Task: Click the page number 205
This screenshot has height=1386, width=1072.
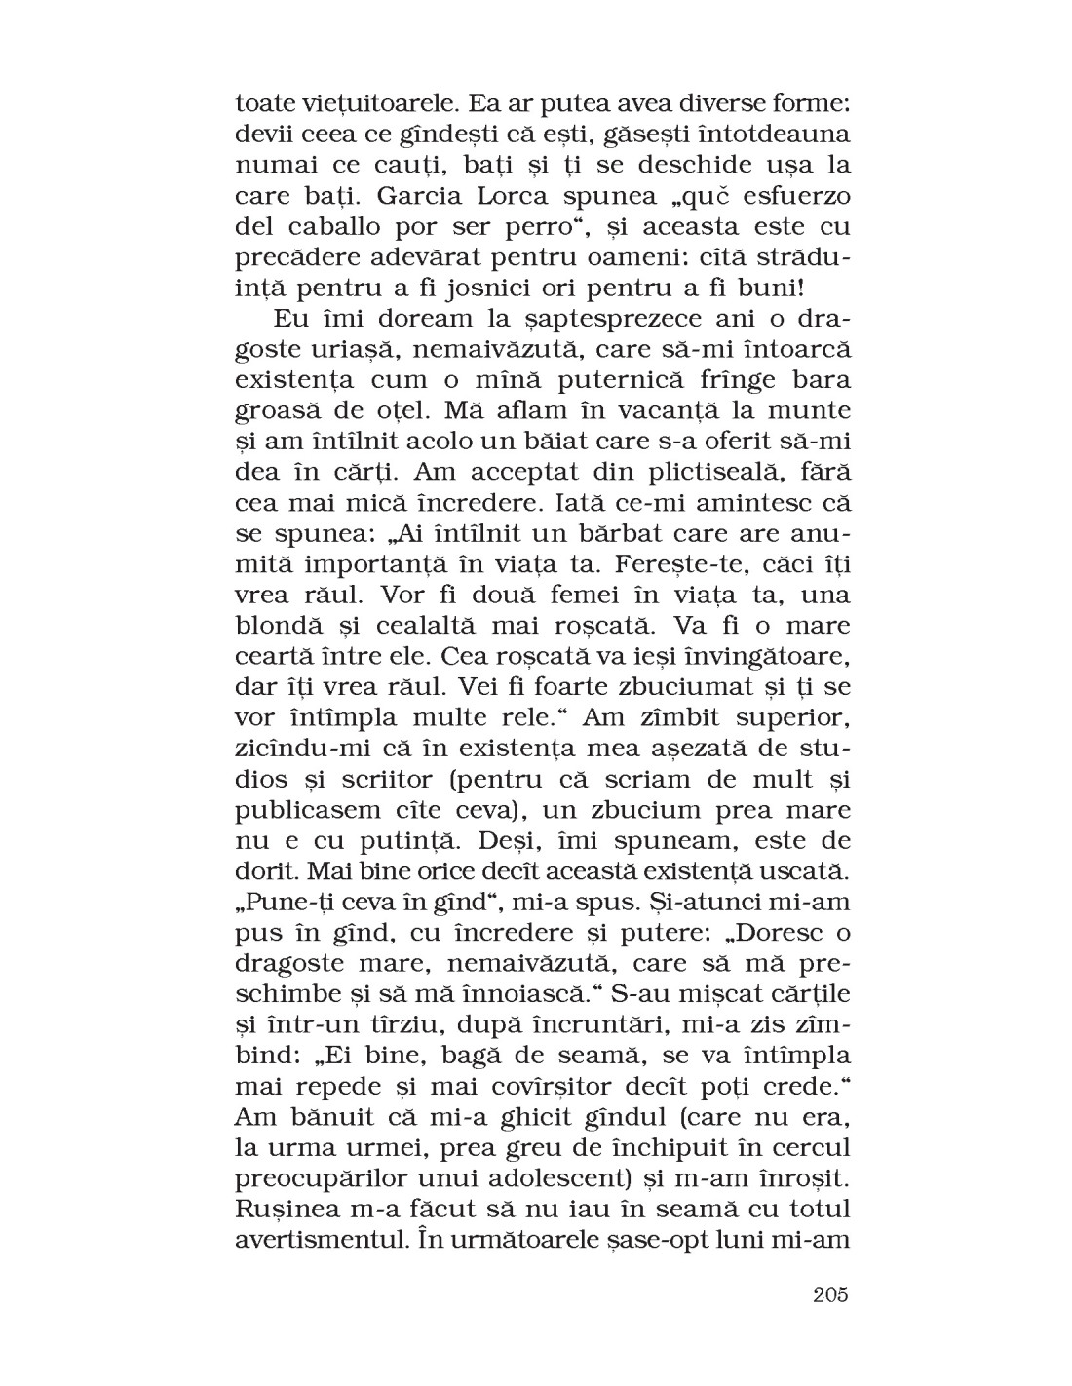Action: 828,1295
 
